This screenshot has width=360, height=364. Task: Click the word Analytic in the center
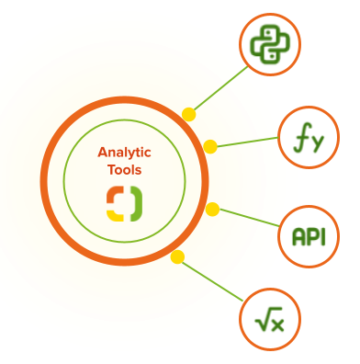124,153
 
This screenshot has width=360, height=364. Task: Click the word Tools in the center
124,170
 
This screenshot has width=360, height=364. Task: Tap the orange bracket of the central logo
115,194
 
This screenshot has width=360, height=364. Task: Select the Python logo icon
270,44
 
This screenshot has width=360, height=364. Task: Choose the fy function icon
308,138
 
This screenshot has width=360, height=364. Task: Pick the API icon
308,237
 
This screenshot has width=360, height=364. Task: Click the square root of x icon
270,319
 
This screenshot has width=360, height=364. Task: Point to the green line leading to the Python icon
220,87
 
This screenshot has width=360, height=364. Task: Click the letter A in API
298,237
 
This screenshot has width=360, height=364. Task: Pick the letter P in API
309,237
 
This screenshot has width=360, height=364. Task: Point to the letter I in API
321,237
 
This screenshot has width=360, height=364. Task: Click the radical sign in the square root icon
262,319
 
